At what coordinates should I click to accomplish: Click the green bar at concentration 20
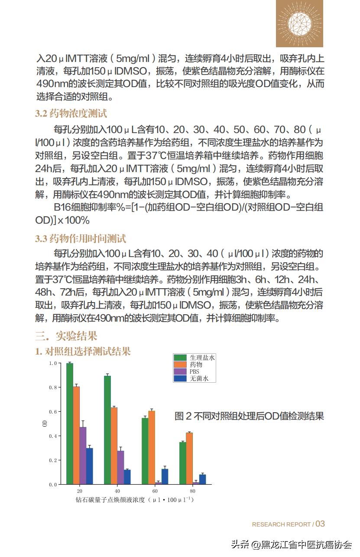click(69, 424)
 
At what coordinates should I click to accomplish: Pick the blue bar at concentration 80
click(202, 479)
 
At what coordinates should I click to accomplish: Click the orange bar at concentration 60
click(152, 447)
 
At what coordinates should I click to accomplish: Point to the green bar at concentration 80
click(183, 463)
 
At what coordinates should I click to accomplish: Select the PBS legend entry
click(194, 371)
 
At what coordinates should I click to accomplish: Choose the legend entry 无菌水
click(199, 378)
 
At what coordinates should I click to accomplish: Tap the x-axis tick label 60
click(155, 491)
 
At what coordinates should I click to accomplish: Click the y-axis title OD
click(44, 423)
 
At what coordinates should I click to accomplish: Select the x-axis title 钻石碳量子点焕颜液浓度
click(134, 500)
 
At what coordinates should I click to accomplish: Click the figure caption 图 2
click(249, 416)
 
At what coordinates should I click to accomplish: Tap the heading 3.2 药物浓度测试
click(71, 114)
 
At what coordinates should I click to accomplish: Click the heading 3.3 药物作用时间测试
click(81, 239)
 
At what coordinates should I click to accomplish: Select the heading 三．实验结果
click(66, 336)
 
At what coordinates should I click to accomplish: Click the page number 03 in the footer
click(320, 524)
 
